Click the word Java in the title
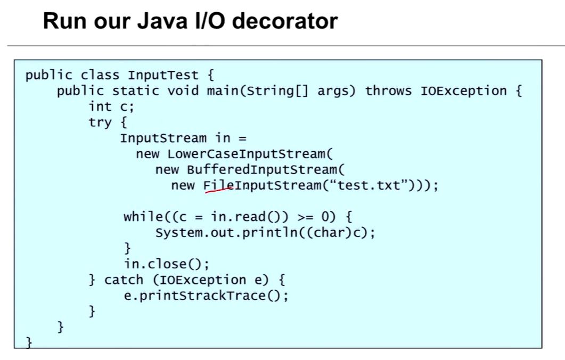[x=154, y=21]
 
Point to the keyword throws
[x=388, y=91]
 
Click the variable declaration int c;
[x=111, y=107]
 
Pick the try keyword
[x=100, y=122]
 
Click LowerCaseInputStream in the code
[x=246, y=154]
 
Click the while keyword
[x=142, y=217]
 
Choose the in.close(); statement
[x=167, y=264]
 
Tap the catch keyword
[x=124, y=280]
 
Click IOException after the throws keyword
[x=463, y=91]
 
